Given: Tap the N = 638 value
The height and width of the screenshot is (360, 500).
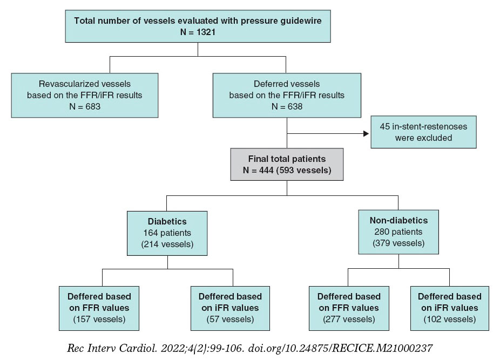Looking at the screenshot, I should pos(287,107).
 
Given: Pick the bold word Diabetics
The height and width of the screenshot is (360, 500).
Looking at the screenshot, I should pos(168,221).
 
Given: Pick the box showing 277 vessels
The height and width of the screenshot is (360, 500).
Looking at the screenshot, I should pos(349,308).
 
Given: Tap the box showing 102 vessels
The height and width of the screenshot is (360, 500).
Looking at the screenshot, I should pos(450,308).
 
